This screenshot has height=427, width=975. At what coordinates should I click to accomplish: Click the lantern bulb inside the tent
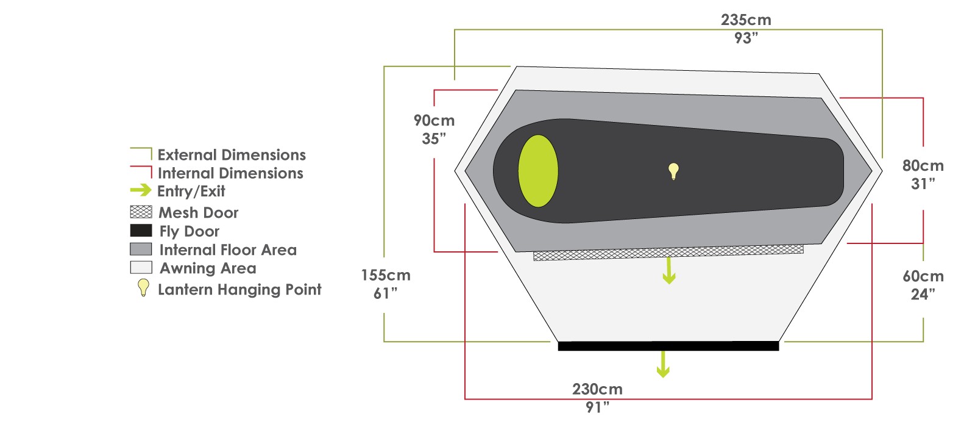tap(673, 171)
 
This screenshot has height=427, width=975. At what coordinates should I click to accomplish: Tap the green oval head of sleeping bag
tap(538, 171)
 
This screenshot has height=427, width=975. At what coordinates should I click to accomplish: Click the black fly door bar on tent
tap(668, 346)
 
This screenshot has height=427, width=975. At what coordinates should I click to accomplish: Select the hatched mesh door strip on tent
tap(668, 253)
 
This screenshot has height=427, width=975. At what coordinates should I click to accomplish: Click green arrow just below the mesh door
tap(669, 271)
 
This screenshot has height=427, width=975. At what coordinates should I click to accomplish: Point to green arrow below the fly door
tap(663, 364)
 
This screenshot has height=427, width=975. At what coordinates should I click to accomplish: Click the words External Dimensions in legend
tap(232, 155)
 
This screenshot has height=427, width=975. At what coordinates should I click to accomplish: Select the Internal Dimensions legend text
tap(230, 173)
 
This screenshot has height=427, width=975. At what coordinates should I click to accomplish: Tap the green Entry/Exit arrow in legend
tap(141, 190)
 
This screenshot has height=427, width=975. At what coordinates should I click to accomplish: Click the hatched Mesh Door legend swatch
tap(141, 212)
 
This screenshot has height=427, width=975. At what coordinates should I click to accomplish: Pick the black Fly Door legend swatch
tap(141, 231)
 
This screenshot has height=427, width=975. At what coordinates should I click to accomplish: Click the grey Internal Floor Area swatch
tap(141, 249)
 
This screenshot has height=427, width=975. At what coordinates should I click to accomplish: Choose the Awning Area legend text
tap(208, 268)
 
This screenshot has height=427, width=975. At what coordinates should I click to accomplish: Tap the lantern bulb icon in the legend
tap(143, 288)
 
